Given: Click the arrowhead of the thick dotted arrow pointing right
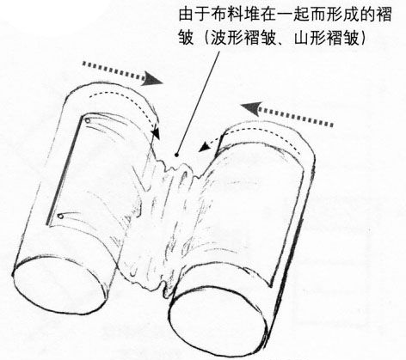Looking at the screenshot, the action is (151, 78).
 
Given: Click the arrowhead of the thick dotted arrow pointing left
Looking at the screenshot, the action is (251, 108).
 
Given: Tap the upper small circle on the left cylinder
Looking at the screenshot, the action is (87, 121).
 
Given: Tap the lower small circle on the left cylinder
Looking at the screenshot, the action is (60, 217).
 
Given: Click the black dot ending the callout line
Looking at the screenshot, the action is (177, 155).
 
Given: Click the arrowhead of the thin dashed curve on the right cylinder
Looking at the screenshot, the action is (204, 147).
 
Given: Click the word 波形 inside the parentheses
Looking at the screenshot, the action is (228, 38).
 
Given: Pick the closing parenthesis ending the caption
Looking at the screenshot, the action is (363, 38).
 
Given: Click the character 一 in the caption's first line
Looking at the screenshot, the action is (286, 15).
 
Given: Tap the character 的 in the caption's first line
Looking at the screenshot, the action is (367, 15).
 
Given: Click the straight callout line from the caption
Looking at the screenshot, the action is (199, 103).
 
